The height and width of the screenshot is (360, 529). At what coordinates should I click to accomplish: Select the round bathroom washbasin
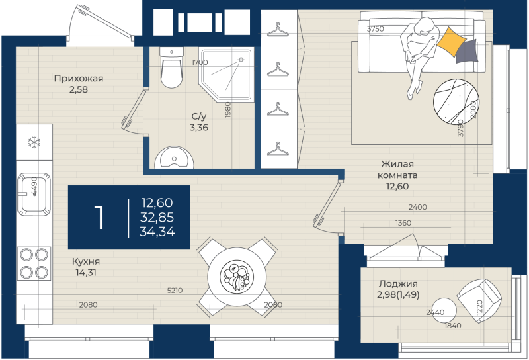(175, 159)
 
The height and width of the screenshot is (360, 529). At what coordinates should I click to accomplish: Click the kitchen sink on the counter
(31, 193)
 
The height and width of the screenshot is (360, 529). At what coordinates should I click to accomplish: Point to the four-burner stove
(34, 263)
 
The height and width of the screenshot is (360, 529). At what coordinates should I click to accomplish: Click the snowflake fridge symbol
(32, 142)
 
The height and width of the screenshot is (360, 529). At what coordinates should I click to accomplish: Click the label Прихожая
(79, 79)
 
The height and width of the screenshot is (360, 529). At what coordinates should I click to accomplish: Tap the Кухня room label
(86, 261)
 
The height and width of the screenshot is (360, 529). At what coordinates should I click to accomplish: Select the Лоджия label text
(397, 283)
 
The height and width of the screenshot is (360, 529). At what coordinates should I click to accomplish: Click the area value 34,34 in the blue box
(157, 231)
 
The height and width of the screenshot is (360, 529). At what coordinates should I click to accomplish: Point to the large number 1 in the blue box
(99, 217)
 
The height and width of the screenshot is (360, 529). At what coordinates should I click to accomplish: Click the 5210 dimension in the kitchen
(175, 290)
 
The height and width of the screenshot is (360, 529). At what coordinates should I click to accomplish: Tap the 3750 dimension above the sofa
(376, 28)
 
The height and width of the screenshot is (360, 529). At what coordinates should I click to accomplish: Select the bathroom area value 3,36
(198, 128)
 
